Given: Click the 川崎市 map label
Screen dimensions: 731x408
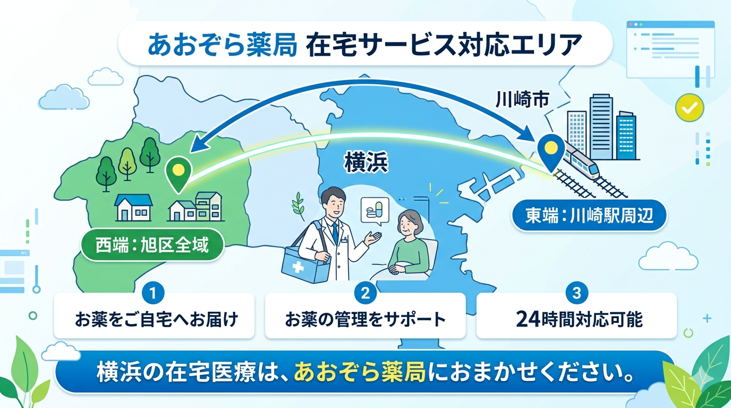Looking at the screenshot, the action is [x=522, y=100].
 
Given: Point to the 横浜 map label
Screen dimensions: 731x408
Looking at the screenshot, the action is [x=367, y=163].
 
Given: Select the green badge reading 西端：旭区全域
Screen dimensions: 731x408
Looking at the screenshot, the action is [x=152, y=245].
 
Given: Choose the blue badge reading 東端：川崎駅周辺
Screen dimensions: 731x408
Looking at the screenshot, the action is [x=589, y=216].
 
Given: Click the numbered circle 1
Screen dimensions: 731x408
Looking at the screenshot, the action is [x=153, y=293].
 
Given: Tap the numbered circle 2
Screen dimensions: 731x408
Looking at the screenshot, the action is [x=365, y=293].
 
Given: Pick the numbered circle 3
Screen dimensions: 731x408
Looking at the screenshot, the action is [x=576, y=293].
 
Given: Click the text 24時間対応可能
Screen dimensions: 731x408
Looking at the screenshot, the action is [x=579, y=319].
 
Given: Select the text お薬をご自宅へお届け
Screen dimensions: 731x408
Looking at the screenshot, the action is [x=157, y=319].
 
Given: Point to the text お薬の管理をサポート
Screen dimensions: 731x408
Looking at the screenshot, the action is [x=365, y=319].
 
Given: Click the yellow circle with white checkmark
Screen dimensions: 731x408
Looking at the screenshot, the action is [x=689, y=107].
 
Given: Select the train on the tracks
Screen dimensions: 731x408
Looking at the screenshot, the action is [x=581, y=161].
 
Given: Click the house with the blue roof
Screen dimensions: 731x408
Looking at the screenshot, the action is [x=133, y=207].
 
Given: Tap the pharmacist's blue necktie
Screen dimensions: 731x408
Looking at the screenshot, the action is [x=335, y=233].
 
